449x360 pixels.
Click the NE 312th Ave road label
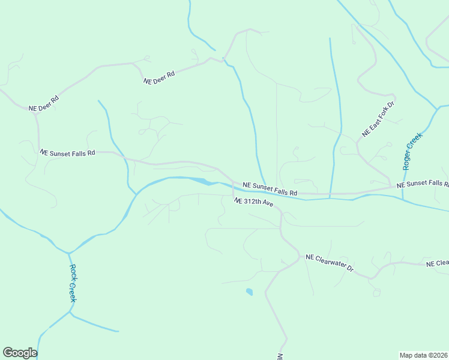point(254,203)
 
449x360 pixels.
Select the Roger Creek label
point(413,151)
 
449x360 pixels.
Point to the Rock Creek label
point(73,283)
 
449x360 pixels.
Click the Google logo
point(20,353)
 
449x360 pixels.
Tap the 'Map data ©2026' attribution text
point(423,355)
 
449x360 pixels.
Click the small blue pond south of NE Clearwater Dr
point(249,292)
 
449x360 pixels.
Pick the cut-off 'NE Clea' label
point(437,263)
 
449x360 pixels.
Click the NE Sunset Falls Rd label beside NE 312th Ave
point(270,189)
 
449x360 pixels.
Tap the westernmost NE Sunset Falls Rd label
point(67,153)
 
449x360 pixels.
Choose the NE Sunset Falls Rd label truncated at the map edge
point(423,183)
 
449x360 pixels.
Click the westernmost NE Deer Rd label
point(44,104)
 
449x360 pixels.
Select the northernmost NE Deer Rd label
point(158,77)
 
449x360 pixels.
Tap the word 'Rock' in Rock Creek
point(72,273)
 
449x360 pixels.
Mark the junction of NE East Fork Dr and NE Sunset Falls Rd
point(391,185)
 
